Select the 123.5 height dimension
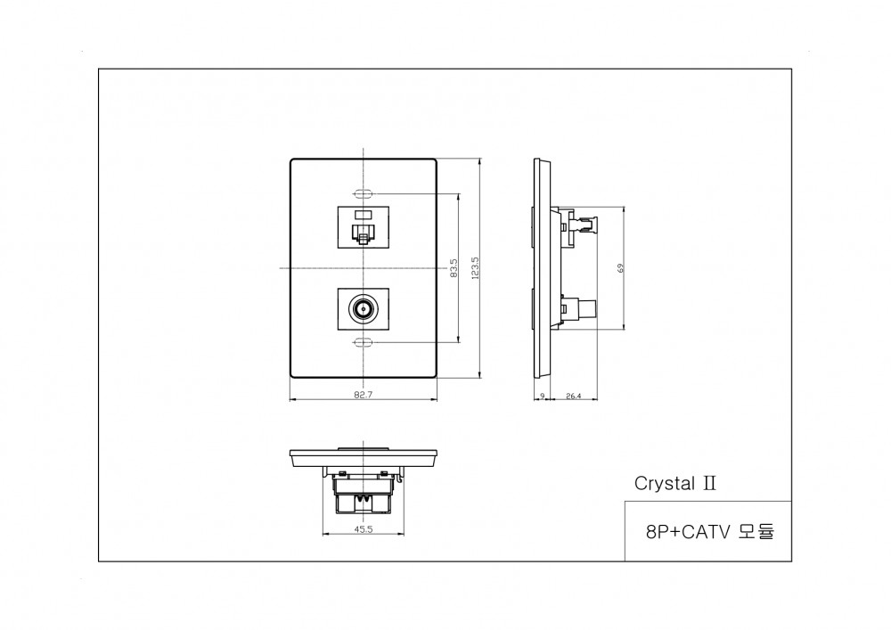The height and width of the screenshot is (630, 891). point(475,267)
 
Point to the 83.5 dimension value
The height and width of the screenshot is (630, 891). point(454,267)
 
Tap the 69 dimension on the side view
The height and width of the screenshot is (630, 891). point(620,267)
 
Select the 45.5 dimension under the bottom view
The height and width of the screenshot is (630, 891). point(363,528)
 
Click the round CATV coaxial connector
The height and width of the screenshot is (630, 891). point(364,310)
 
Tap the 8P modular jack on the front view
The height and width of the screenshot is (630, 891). point(364,227)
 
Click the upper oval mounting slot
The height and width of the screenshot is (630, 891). point(364,192)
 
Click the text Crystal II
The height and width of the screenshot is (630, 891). point(674,483)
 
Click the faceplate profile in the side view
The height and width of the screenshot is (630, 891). point(539,267)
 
